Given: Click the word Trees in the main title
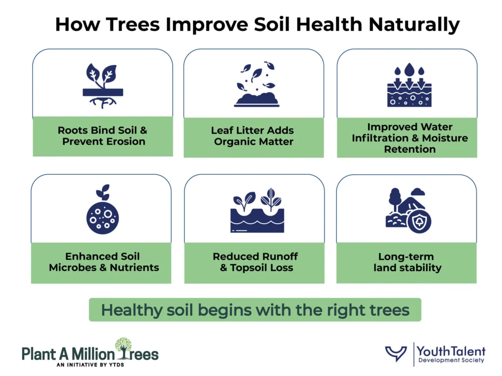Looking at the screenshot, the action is click(132, 24).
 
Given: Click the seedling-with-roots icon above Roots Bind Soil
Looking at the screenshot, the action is click(103, 86).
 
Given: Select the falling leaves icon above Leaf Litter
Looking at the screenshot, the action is click(256, 84).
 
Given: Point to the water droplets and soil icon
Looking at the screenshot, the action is click(409, 85).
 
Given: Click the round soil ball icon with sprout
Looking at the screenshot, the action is click(102, 210).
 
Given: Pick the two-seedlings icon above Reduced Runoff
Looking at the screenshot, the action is click(257, 210).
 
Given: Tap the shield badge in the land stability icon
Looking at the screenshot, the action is click(419, 221).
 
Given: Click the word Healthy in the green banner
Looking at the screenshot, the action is click(132, 310).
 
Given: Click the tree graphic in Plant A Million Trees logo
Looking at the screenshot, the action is click(124, 348).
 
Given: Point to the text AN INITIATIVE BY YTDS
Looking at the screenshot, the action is click(90, 365).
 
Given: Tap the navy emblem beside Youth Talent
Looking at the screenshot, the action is click(396, 353).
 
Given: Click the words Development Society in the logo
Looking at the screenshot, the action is click(451, 360).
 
